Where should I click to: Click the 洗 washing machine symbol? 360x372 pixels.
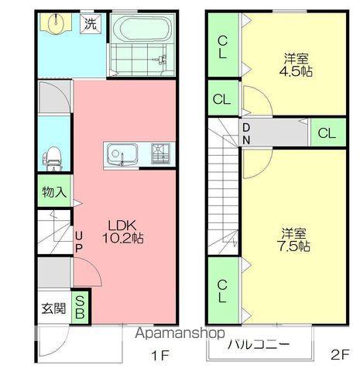coord(91,24)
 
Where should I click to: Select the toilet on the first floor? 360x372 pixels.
coord(53,158)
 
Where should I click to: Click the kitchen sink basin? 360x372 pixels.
coord(122,154)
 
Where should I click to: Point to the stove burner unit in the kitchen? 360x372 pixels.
coord(160,153)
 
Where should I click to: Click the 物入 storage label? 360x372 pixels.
coord(54,191)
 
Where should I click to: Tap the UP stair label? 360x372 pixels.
coord(79,242)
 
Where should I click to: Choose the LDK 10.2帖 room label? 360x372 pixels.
coord(123,232)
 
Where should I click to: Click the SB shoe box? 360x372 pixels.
coord(80,308)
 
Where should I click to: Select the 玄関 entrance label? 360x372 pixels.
coord(53,308)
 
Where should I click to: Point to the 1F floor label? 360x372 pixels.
coord(159,356)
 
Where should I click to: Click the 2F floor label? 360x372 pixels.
coord(340,354)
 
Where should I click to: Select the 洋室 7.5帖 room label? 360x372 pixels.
coord(293,240)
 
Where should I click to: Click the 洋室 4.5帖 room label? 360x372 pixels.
coord(296,65)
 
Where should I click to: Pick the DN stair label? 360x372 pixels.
coord(246,133)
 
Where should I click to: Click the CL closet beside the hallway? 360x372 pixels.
coord(327,133)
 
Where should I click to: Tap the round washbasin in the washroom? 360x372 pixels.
coord(56,23)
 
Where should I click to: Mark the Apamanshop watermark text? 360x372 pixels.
coord(180,333)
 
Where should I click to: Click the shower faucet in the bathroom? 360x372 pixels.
coord(161,59)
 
